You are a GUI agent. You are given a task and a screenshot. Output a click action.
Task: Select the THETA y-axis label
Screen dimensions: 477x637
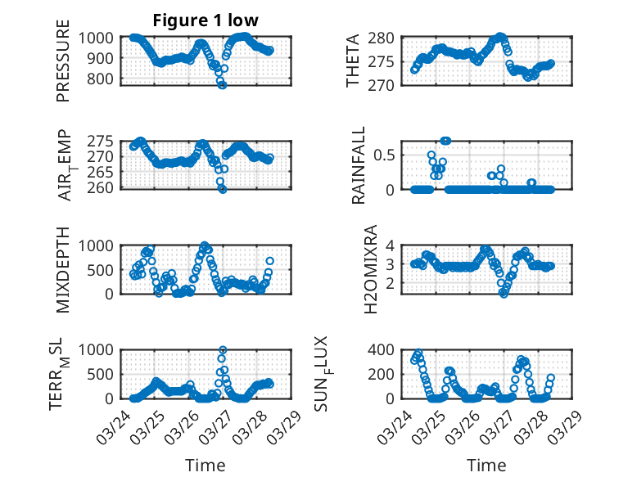pos(353,61)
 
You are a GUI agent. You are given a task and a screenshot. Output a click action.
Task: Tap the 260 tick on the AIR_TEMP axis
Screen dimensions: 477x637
pos(102,187)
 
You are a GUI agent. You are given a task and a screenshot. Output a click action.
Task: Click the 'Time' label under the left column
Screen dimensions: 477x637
pos(206,465)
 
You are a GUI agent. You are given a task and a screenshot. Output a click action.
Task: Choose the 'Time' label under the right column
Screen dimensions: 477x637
pos(486,465)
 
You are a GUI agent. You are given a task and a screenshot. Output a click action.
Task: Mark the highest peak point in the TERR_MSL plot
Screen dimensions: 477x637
pos(223,350)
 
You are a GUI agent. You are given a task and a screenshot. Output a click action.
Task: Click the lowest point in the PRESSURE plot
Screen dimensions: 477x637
pos(222,84)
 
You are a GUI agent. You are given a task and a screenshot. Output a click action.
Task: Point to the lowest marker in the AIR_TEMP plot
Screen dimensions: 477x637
pos(223,188)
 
